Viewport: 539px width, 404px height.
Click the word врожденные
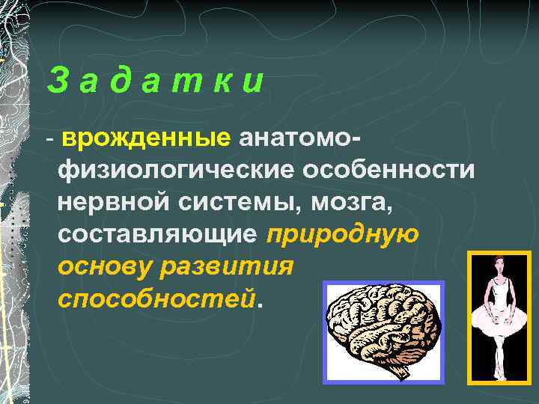coord(147,138)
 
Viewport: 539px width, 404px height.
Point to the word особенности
coord(389,171)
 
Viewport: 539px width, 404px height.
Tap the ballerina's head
coord(499,266)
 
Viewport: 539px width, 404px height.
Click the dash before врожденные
coord(49,140)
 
